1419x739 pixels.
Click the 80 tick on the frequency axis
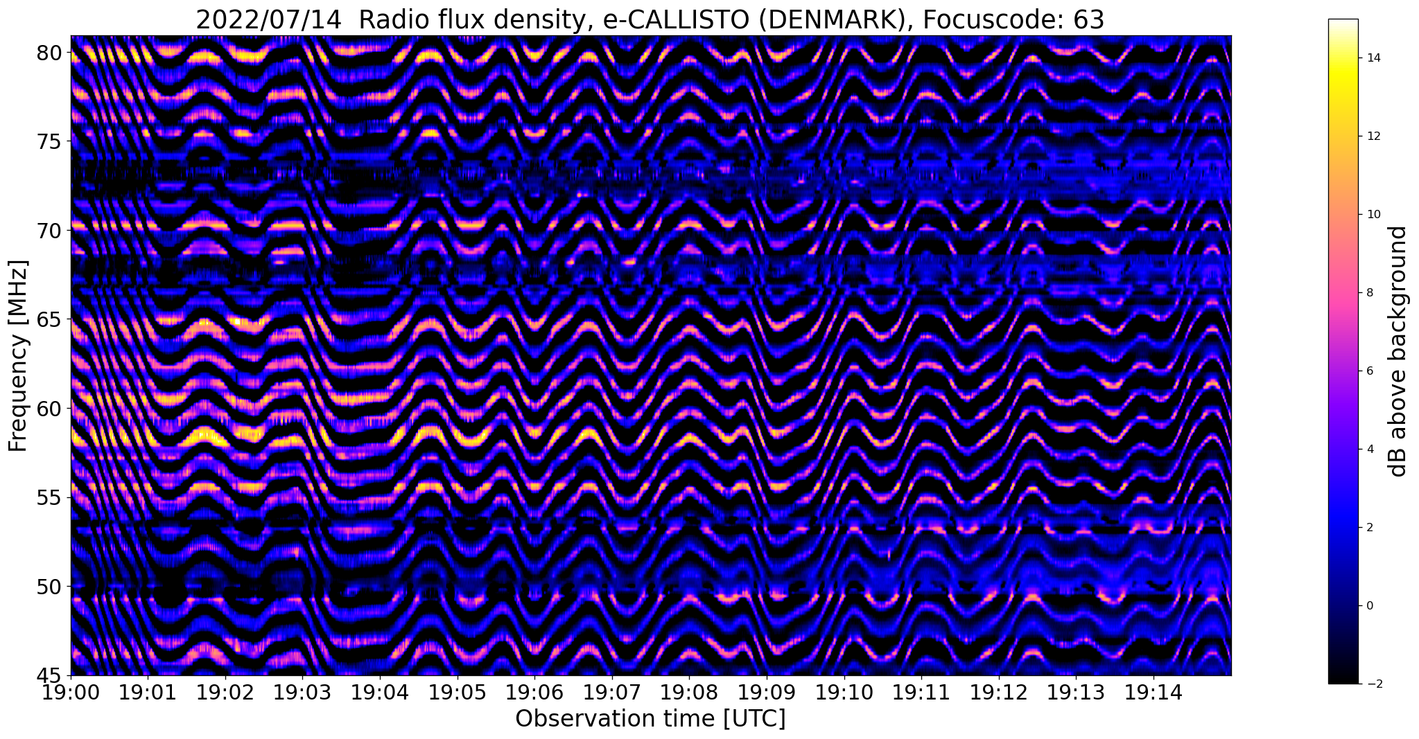click(x=52, y=53)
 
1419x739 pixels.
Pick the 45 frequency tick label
click(x=52, y=675)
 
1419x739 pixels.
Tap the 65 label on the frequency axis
click(x=52, y=319)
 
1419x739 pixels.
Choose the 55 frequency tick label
click(x=52, y=497)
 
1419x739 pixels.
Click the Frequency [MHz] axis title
click(x=18, y=355)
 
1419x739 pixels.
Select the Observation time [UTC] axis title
click(x=650, y=719)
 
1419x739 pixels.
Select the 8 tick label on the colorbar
click(x=1369, y=293)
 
